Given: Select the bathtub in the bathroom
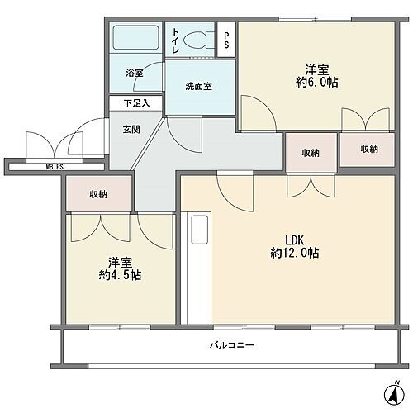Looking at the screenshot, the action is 135,38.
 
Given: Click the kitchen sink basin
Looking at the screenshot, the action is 199,230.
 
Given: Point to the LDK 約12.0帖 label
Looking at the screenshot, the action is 295,246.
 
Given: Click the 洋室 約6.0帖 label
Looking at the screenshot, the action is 317,76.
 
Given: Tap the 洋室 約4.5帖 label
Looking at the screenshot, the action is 120,268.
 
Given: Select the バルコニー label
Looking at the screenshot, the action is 232,345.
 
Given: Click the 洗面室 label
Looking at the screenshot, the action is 198,87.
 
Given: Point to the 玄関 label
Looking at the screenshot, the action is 131,130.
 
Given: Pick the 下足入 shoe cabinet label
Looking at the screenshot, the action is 136,103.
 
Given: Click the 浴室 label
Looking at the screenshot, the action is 135,74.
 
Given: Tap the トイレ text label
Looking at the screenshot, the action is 176,40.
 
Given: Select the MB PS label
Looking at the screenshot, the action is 55,167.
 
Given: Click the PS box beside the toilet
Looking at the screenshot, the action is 226,40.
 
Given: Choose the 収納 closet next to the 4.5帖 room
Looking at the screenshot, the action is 98,194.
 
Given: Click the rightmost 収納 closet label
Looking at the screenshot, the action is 369,149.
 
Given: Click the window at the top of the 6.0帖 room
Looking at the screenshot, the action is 315,19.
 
